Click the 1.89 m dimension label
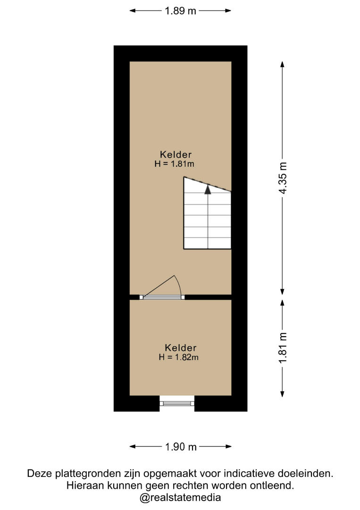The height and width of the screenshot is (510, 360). pyautogui.click(x=180, y=11)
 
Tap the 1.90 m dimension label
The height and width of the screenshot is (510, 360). pyautogui.click(x=181, y=447)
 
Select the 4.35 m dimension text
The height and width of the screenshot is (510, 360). pyautogui.click(x=283, y=178)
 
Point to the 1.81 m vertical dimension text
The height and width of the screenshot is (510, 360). pyautogui.click(x=283, y=348)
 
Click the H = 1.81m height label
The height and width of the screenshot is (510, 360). pyautogui.click(x=174, y=163)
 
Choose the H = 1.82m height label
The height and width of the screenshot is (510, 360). pyautogui.click(x=178, y=357)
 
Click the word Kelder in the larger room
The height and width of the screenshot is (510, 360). pyautogui.click(x=176, y=154)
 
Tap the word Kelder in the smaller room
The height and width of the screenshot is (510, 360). pyautogui.click(x=180, y=348)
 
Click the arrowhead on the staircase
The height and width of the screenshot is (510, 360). pyautogui.click(x=208, y=189)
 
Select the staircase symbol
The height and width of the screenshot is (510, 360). pyautogui.click(x=207, y=213)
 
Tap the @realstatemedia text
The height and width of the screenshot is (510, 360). pyautogui.click(x=180, y=498)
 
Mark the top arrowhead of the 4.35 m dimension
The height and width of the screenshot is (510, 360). pyautogui.click(x=282, y=64)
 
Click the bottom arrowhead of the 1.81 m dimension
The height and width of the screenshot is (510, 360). pyautogui.click(x=282, y=394)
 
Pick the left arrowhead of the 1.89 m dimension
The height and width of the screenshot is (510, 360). pyautogui.click(x=133, y=11)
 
